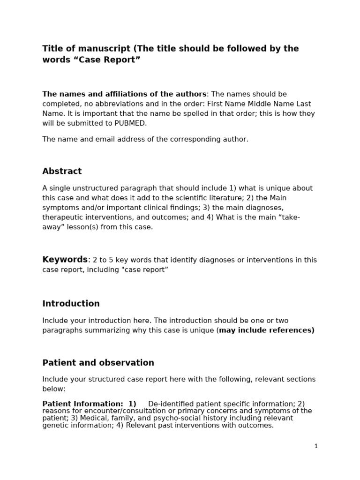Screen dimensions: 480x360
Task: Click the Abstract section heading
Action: click(x=62, y=171)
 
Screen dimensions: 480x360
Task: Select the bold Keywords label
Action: click(x=65, y=260)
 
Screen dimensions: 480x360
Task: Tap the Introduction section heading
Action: click(x=71, y=303)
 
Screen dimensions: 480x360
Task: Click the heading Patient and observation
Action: click(x=98, y=362)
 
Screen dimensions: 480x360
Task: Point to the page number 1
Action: click(x=316, y=446)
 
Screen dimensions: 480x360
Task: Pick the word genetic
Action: click(x=55, y=425)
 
